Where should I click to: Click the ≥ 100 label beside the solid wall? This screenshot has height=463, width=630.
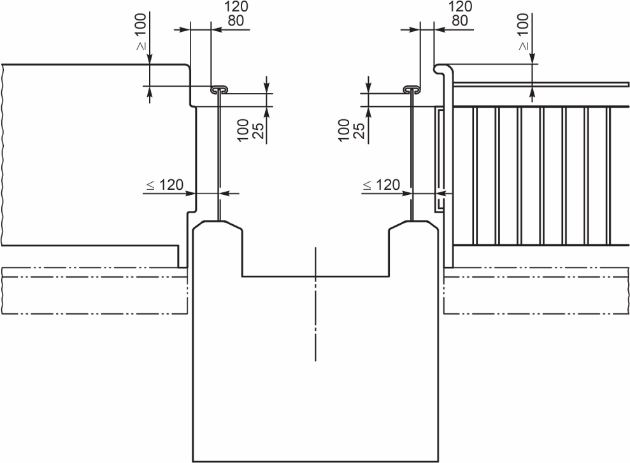pos(141,32)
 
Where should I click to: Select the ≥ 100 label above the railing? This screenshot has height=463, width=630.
pos(524,32)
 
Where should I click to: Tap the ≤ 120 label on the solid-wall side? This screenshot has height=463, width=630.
pos(165,185)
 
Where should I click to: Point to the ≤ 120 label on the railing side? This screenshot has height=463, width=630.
pos(382,185)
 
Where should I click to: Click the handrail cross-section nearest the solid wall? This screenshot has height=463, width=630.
pos(219,89)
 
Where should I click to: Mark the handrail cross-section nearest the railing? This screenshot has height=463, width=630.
pos(412,89)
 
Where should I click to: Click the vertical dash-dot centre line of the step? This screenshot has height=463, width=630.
pos(315,304)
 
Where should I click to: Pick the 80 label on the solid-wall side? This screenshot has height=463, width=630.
pos(236,20)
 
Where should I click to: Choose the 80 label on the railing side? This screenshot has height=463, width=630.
pos(460,20)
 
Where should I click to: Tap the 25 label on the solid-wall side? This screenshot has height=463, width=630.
pos(259,131)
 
